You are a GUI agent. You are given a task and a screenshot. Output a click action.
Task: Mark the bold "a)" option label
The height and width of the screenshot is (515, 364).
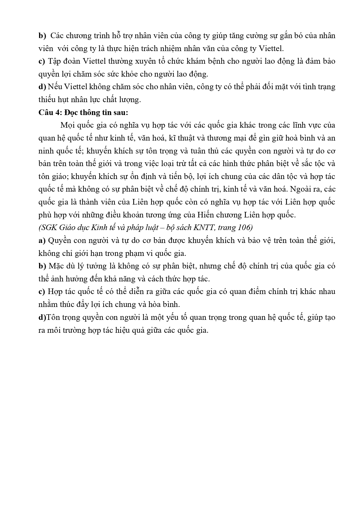(x=42, y=240)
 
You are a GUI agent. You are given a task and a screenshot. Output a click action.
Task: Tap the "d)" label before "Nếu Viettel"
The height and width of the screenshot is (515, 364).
(x=42, y=87)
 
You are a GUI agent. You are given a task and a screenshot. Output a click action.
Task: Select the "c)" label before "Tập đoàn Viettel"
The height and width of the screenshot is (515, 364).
(x=42, y=61)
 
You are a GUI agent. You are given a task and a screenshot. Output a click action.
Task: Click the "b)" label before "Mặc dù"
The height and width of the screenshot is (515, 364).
(x=42, y=266)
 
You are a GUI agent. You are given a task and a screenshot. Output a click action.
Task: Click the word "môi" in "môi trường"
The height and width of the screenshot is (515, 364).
(x=53, y=330)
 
